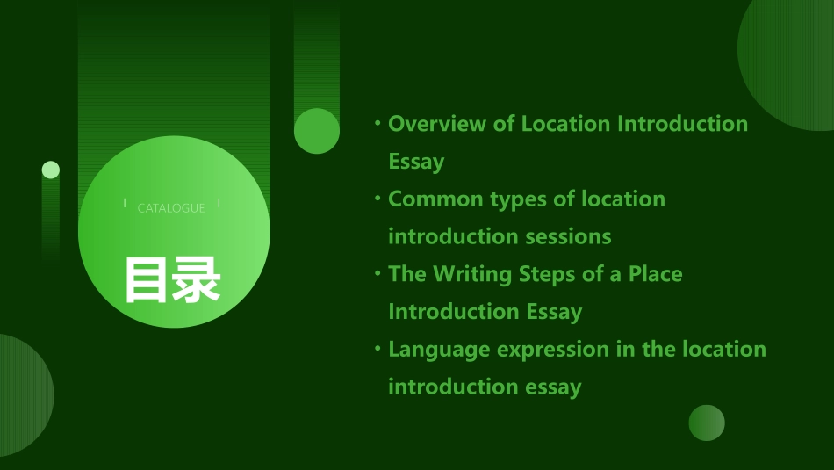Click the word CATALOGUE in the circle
(171, 208)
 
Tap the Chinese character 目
(147, 280)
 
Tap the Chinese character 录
(197, 280)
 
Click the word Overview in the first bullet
(437, 124)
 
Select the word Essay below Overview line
(416, 162)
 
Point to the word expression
(557, 350)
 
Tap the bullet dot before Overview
(377, 124)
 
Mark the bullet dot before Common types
(377, 199)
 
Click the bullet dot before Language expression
(377, 350)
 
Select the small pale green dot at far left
(51, 170)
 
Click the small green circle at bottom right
(707, 423)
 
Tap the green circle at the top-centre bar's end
(317, 131)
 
